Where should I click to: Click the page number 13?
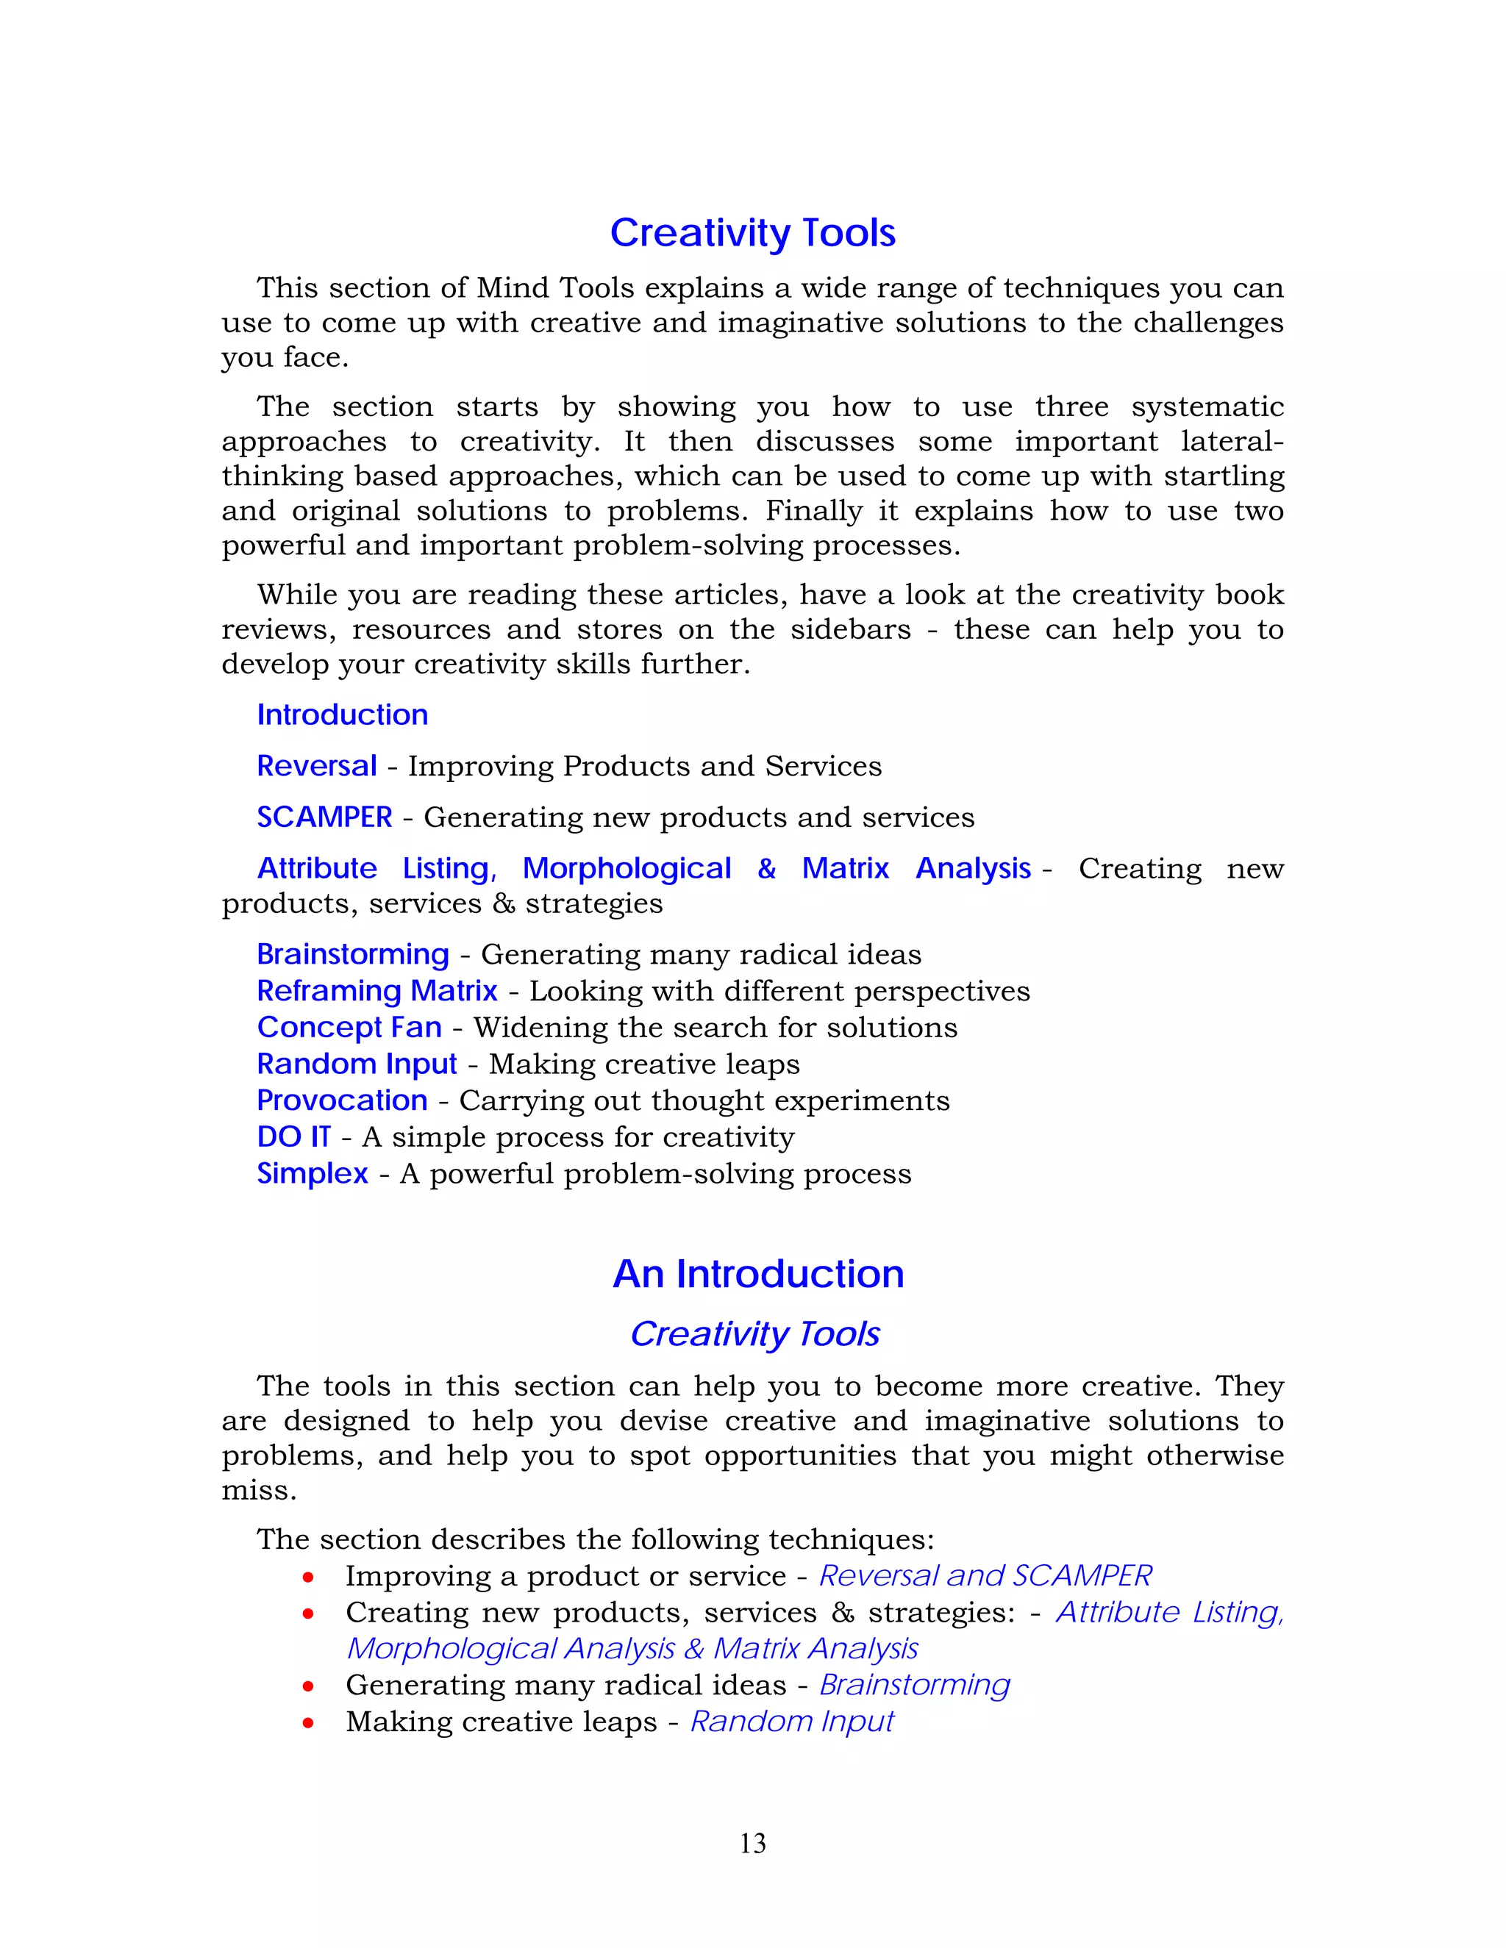point(752,1843)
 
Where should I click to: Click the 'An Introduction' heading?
point(758,1274)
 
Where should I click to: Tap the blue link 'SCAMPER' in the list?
point(325,817)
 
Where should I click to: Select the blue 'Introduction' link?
point(343,715)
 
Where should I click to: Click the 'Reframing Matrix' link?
point(377,991)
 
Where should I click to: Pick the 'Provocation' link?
point(343,1100)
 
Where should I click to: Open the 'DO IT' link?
point(293,1137)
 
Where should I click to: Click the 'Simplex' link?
point(313,1174)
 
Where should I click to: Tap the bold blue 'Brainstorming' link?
point(353,954)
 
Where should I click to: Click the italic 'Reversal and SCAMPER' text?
point(985,1576)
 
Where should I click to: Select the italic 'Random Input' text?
point(792,1722)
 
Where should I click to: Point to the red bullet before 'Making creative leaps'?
point(308,1723)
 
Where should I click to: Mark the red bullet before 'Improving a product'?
point(308,1578)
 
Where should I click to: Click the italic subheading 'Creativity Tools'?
point(754,1334)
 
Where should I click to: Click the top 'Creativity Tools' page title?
point(753,233)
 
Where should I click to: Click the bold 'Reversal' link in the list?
point(317,766)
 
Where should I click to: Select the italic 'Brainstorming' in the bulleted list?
point(915,1685)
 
